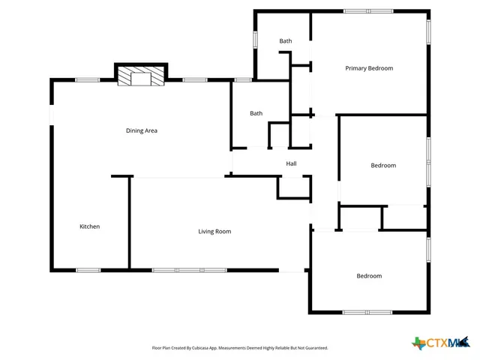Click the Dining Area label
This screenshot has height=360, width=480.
[141, 130]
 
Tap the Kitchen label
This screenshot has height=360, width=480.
[90, 226]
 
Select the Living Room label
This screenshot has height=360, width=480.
[214, 231]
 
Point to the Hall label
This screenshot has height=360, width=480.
[291, 163]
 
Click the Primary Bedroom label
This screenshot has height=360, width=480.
[369, 68]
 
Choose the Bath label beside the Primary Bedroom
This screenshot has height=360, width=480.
[286, 41]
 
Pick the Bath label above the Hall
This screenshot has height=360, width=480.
[256, 113]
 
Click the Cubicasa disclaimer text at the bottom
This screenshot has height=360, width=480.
[240, 348]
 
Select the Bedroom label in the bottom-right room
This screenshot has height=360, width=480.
[369, 276]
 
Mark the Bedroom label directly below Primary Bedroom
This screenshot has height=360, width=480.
[383, 165]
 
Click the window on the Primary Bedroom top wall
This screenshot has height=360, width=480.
[367, 10]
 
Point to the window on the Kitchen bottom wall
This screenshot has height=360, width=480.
[88, 270]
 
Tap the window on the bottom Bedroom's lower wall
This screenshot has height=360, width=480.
[367, 312]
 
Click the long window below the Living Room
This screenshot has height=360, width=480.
[190, 270]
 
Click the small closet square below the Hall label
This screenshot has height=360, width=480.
[289, 187]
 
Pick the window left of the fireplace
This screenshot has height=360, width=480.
[88, 79]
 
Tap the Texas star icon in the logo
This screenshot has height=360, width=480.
[418, 343]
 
